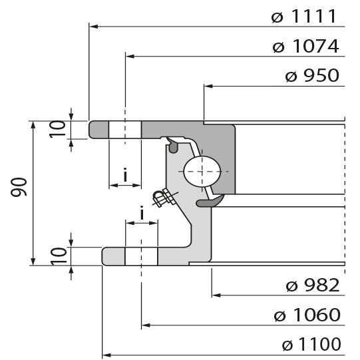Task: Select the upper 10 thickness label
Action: (59, 130)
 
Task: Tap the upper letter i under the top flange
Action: (125, 175)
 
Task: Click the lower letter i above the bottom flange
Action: (142, 214)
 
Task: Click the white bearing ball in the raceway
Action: (201, 172)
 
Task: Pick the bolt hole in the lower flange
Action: (140, 256)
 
